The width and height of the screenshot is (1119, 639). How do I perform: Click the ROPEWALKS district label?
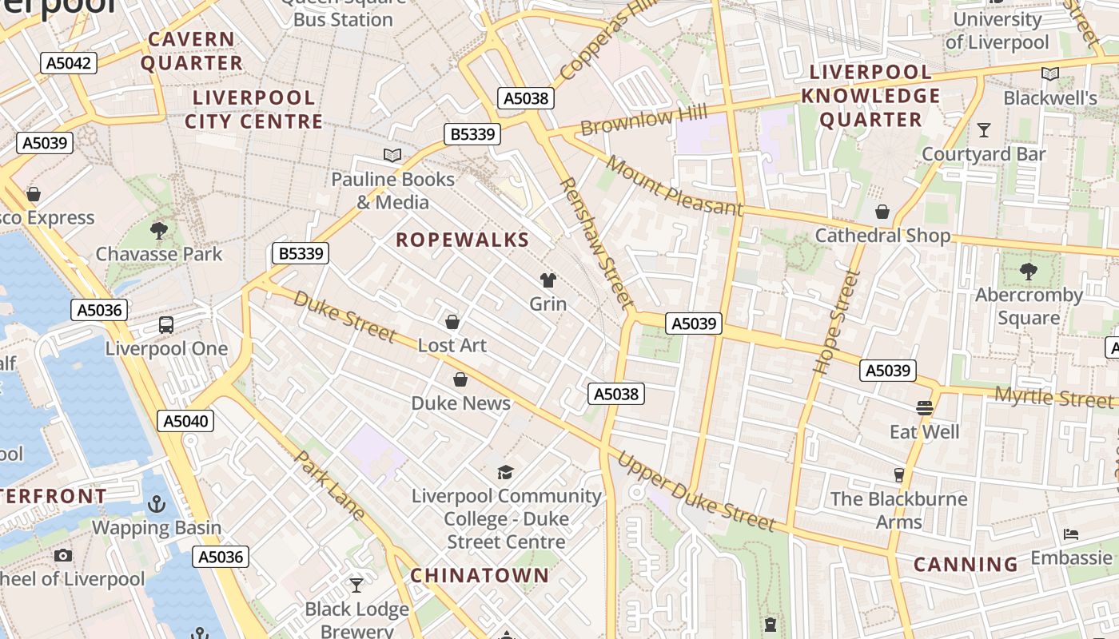[x=462, y=240]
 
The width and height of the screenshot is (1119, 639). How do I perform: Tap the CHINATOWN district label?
[x=480, y=575]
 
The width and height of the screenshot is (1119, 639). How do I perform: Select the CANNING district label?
[x=966, y=565]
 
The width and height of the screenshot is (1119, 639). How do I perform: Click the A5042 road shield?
[x=69, y=63]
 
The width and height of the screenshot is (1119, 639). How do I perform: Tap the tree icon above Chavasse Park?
[x=159, y=231]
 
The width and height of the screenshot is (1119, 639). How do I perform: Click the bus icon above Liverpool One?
[x=166, y=325]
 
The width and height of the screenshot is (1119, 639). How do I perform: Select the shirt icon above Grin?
[x=548, y=280]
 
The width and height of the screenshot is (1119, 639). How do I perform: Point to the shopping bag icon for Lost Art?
[x=452, y=322]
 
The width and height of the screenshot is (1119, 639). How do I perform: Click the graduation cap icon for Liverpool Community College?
[x=505, y=472]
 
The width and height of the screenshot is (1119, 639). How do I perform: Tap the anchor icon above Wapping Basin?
[x=156, y=504]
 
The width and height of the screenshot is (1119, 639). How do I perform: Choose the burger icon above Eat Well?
[x=925, y=408]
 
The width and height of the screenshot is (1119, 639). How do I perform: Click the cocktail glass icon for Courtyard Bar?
[x=984, y=130]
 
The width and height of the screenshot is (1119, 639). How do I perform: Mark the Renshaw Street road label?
[x=597, y=244]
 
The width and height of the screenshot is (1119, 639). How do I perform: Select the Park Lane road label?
[x=329, y=486]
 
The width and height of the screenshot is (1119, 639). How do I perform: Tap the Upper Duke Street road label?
[x=695, y=493]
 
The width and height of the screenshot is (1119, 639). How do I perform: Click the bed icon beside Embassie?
[x=1071, y=534]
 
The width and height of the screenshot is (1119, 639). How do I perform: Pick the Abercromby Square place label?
[x=1029, y=306]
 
